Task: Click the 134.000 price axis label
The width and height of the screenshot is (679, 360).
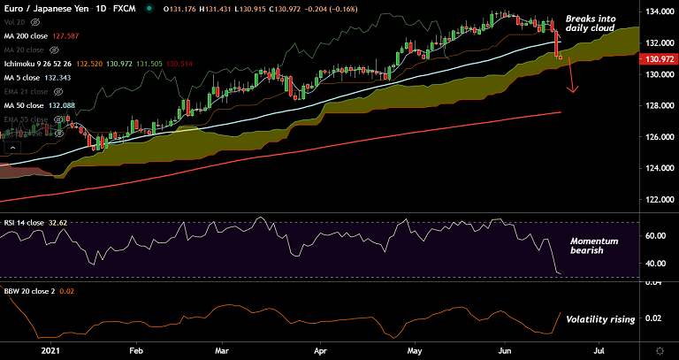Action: [x=656, y=12]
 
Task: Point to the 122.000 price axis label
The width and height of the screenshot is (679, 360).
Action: [x=656, y=200]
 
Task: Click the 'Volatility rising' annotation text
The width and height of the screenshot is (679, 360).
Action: [x=600, y=318]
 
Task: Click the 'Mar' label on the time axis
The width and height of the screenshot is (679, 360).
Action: [x=224, y=350]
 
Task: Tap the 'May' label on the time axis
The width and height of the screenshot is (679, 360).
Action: [x=414, y=350]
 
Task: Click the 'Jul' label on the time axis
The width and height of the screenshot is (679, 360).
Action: [x=599, y=350]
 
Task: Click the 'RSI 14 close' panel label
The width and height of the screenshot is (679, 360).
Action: [x=26, y=222]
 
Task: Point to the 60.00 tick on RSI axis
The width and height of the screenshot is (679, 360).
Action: [x=656, y=236]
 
